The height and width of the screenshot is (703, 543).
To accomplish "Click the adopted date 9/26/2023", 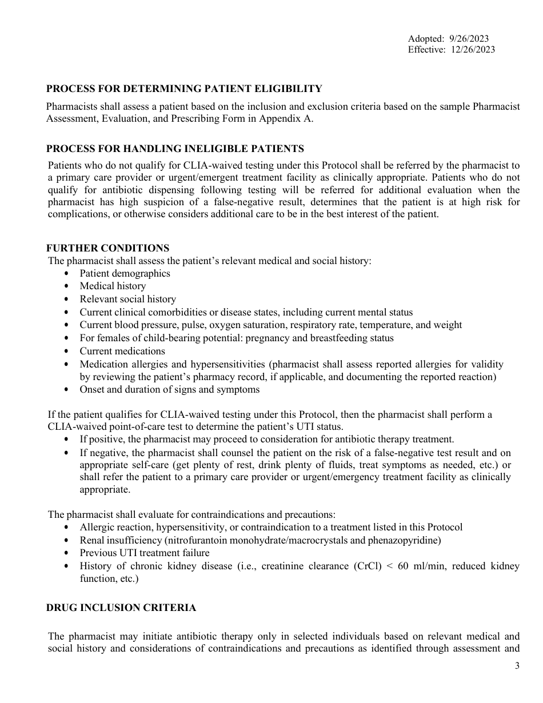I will coord(469,39).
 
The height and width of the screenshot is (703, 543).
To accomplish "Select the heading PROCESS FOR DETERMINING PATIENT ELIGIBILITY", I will coord(184,89).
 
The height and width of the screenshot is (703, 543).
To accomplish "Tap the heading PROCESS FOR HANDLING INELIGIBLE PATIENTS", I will coord(175,149).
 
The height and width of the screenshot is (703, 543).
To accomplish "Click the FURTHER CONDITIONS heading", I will coord(107,248).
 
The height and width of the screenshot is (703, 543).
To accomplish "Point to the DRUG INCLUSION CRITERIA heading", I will coord(121,608).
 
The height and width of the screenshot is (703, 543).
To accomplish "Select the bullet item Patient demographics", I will coord(125,273).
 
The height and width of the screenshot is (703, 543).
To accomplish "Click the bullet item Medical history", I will coord(113,286).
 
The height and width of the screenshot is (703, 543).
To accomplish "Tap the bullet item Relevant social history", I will coord(127,299).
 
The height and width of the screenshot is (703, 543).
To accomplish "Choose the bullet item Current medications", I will coord(122,351).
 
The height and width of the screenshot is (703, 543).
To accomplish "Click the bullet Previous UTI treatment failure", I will coord(144,553).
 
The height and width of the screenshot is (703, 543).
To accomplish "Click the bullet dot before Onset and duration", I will coord(67,390).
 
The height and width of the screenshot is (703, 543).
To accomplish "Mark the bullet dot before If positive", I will coord(67,440).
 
